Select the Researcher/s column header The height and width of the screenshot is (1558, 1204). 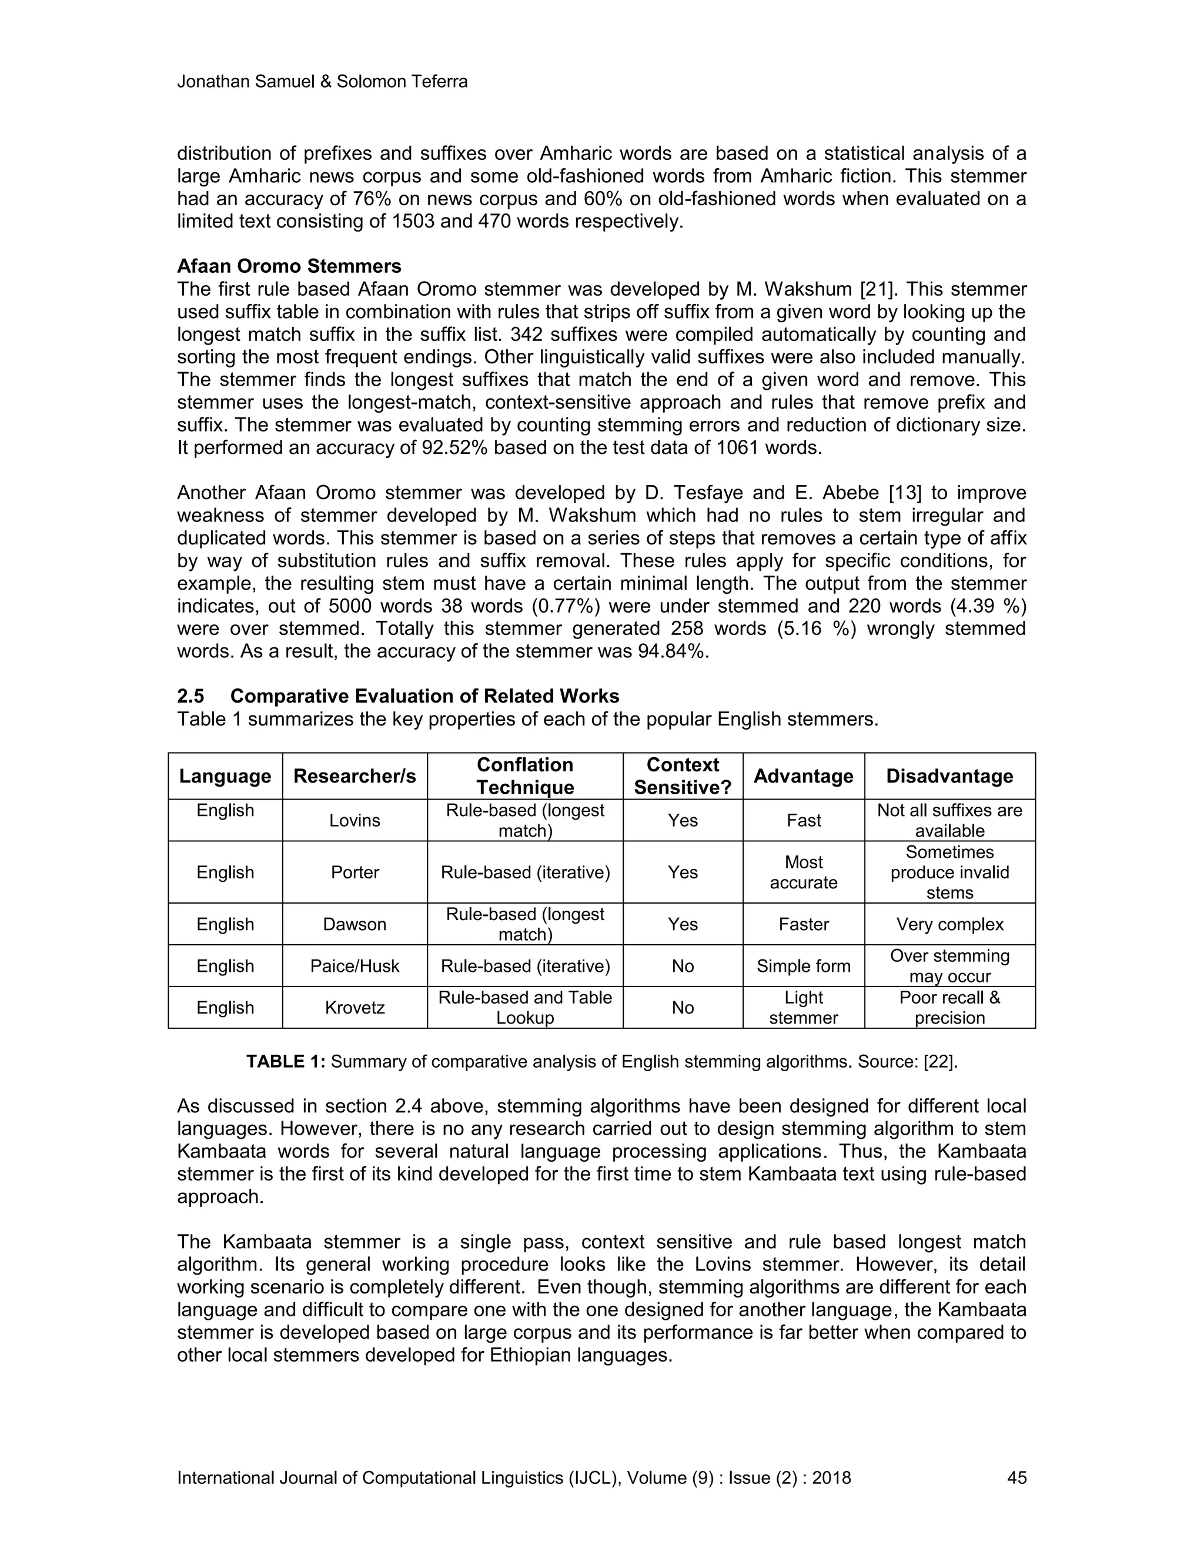tap(354, 776)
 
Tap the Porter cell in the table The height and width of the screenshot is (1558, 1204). tap(354, 872)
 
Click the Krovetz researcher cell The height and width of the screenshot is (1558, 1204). tap(354, 1007)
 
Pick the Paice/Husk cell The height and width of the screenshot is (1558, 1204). tap(354, 966)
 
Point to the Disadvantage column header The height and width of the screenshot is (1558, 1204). tap(949, 776)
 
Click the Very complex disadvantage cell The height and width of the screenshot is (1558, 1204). tap(949, 925)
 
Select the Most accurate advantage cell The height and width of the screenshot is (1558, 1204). tap(803, 872)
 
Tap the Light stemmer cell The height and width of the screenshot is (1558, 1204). tap(803, 1007)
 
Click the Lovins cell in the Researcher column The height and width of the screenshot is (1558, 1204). tap(354, 820)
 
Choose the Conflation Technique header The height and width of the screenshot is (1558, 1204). tap(525, 776)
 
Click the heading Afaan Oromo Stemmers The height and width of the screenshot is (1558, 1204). tap(289, 266)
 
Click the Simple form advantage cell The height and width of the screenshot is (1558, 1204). tap(803, 966)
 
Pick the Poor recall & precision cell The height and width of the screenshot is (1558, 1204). tap(949, 1007)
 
